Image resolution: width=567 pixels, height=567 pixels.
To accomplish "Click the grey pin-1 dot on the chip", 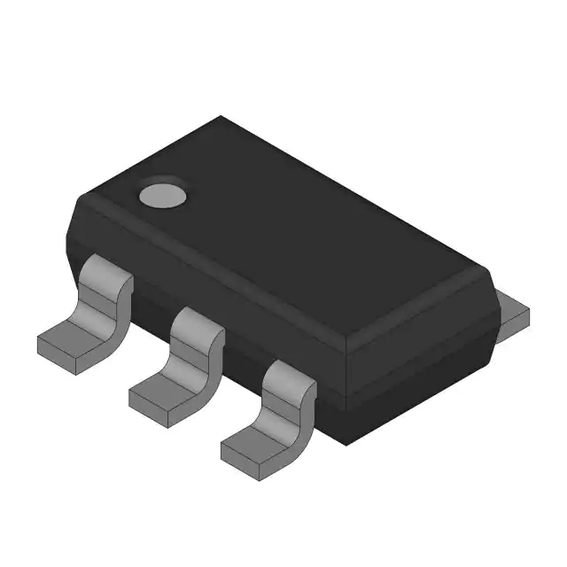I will coord(163,194).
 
